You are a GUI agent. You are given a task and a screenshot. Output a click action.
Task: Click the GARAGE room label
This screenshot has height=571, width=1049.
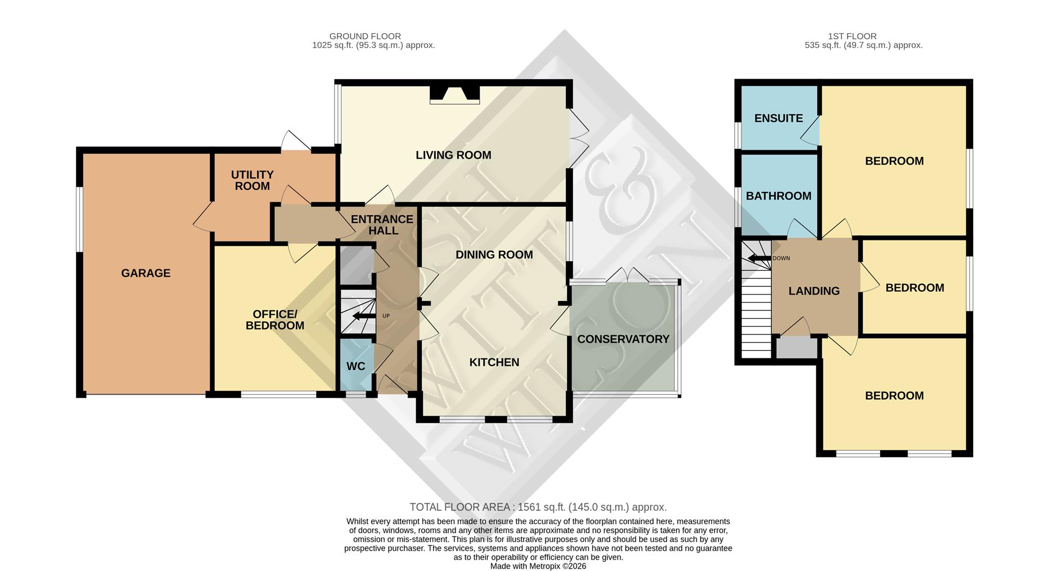(146, 273)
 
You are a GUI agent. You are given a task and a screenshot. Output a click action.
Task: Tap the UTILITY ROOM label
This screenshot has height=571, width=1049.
(252, 180)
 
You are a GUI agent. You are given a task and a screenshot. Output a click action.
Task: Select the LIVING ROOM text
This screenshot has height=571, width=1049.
(453, 155)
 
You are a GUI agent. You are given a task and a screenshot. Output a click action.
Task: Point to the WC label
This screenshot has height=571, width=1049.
(356, 366)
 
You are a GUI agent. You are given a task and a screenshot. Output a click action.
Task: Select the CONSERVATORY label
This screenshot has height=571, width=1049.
(623, 339)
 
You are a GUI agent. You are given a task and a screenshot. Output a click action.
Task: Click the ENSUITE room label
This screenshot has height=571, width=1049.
(778, 118)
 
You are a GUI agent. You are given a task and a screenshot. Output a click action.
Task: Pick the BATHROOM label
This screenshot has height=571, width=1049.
(778, 196)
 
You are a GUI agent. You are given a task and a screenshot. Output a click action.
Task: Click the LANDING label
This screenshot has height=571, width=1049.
(814, 291)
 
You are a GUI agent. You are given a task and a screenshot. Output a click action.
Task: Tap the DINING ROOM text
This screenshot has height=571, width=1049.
(494, 255)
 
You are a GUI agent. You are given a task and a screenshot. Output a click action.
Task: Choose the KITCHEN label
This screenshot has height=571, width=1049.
(494, 362)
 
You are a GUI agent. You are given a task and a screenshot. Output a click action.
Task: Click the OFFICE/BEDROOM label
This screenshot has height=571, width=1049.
(275, 320)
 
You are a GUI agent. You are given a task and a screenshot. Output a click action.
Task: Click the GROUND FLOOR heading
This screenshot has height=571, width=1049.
(365, 36)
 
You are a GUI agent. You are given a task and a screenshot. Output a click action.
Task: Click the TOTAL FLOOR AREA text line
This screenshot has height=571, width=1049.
(538, 507)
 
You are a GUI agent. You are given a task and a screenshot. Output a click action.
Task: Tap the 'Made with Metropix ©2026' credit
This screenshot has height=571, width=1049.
(538, 566)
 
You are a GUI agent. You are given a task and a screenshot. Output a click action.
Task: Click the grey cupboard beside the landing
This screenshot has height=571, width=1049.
(797, 348)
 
